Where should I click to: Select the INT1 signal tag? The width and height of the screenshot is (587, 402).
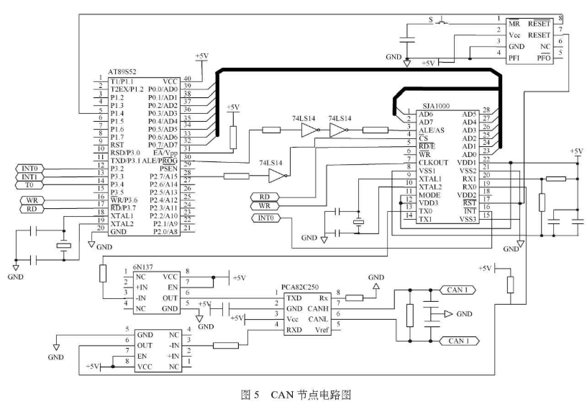(30, 176)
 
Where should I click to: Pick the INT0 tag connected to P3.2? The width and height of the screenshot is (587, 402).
(30, 167)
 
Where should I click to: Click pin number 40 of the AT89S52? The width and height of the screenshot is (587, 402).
(187, 81)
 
